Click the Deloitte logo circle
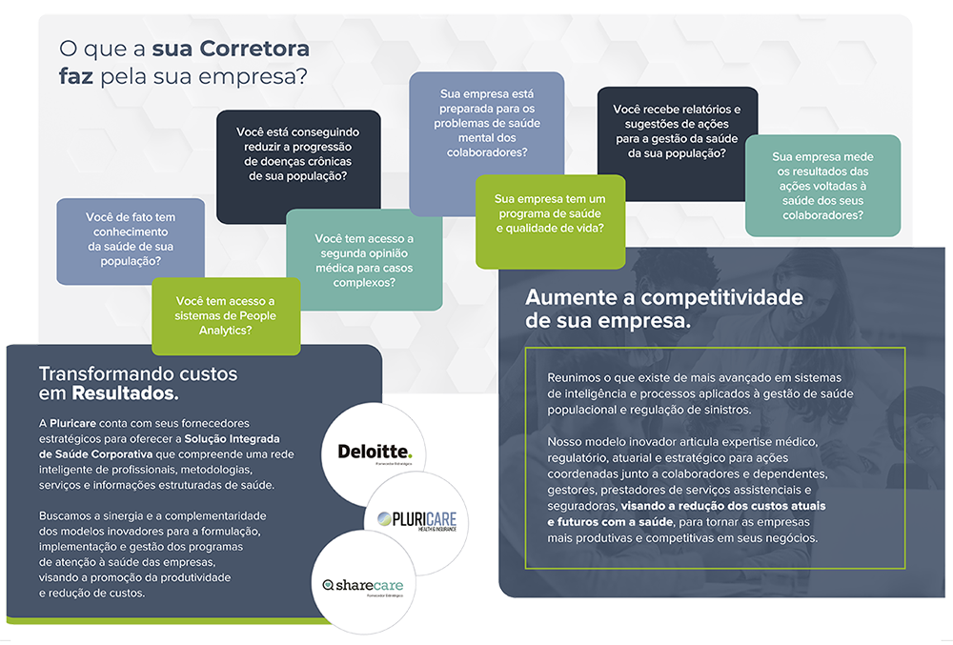[x=374, y=453]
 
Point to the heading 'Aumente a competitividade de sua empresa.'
[x=663, y=309]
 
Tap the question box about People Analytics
[x=226, y=315]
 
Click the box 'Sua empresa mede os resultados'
[x=821, y=186]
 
